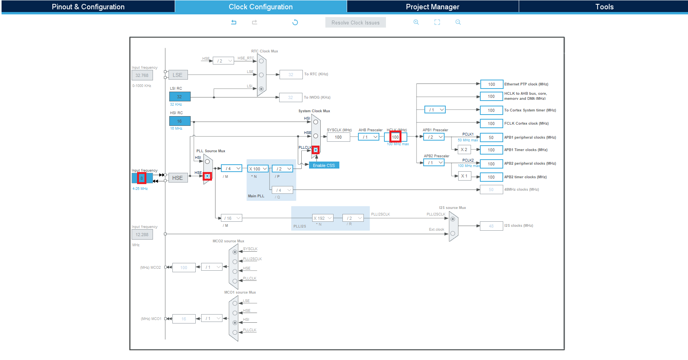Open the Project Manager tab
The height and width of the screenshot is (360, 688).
[x=432, y=7]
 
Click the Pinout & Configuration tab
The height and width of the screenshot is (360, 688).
[x=88, y=7]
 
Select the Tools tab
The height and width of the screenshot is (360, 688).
[x=604, y=7]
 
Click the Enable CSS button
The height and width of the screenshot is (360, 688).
[x=324, y=165]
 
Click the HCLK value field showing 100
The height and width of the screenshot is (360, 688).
[x=395, y=137]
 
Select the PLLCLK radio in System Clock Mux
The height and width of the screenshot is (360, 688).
[x=316, y=150]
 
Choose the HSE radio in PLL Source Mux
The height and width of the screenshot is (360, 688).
[x=207, y=176]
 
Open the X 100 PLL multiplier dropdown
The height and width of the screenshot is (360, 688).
[x=258, y=169]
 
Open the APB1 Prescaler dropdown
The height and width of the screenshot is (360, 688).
[x=434, y=137]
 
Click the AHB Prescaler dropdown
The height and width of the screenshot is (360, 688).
[x=368, y=137]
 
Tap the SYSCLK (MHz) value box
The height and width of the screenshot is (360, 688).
[x=338, y=137]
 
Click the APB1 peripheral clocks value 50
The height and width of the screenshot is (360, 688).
[x=491, y=137]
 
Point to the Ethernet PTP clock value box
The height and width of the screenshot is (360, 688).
[x=491, y=84]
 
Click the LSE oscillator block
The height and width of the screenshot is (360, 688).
[x=177, y=75]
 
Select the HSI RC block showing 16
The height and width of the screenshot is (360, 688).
[x=179, y=121]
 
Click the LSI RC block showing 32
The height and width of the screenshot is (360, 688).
[x=179, y=97]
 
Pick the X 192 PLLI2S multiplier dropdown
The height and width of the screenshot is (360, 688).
[x=323, y=218]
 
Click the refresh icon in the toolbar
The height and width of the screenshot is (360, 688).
[x=295, y=23]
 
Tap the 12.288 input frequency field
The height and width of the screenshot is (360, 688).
[x=142, y=235]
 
